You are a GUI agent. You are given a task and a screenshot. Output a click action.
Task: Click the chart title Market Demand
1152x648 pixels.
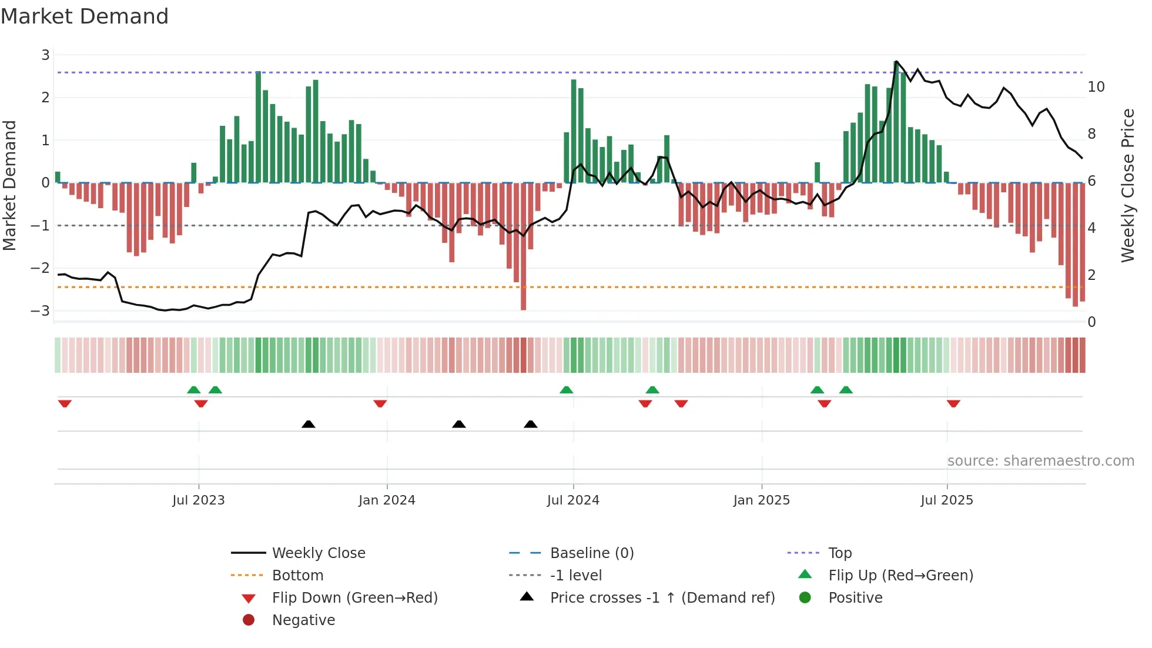click(85, 16)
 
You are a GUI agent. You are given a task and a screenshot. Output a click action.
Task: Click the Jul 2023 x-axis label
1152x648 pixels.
click(198, 500)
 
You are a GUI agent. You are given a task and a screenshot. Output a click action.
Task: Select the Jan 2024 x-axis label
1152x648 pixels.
click(387, 500)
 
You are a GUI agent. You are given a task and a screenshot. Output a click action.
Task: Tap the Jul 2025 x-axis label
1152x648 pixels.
click(946, 500)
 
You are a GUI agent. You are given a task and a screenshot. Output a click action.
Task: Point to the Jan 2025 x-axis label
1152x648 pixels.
click(761, 500)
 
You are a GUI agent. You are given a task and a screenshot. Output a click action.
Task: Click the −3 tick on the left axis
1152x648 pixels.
click(40, 310)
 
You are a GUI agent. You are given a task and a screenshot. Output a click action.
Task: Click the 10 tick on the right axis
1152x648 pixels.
click(1096, 87)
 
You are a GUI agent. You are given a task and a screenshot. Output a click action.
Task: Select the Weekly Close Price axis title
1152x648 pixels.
click(1127, 185)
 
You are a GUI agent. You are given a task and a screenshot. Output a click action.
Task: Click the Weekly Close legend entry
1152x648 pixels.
click(318, 553)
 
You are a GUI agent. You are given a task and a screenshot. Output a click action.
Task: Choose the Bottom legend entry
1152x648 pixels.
click(297, 576)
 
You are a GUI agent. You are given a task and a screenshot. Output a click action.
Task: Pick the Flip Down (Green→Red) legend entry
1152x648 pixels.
click(354, 598)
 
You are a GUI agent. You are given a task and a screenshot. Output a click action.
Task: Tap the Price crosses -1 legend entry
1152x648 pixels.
click(662, 598)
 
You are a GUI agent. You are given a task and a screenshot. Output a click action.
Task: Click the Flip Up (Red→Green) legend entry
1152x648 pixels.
click(900, 576)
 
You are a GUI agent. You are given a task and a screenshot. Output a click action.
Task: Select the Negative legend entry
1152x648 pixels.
click(303, 620)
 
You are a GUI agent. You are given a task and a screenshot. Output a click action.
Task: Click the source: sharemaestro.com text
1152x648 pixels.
click(1040, 461)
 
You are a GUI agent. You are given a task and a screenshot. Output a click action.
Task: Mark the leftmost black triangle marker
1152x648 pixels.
click(308, 424)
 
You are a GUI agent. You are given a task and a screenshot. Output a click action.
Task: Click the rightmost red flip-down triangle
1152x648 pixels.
click(953, 403)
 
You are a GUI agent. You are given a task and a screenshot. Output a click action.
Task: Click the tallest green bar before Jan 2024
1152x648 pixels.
click(258, 126)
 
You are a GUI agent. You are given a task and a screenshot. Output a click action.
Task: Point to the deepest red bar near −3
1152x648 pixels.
click(523, 247)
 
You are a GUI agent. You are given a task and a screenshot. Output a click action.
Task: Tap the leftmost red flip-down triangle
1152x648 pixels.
click(65, 403)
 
